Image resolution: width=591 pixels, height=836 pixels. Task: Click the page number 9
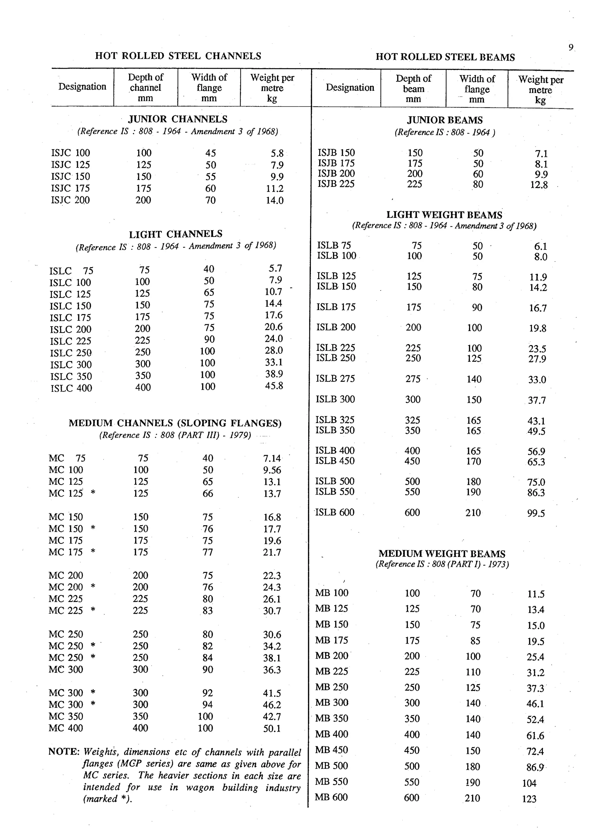571,47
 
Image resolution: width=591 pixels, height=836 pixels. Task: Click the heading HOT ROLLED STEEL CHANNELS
178,56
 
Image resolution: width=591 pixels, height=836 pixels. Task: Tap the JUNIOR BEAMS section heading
445,120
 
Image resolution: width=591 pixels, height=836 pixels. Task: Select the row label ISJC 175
70,188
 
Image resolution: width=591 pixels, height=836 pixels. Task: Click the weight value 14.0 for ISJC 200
274,200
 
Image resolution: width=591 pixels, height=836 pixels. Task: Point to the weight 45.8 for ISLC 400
274,386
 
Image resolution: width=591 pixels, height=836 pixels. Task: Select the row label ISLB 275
335,379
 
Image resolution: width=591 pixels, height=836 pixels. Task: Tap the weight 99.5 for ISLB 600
536,513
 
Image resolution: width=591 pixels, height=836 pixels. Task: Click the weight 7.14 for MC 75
272,458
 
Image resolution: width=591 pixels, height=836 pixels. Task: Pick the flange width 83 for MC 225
207,611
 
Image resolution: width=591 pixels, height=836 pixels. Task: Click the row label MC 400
66,728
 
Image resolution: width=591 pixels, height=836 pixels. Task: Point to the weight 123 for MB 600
529,799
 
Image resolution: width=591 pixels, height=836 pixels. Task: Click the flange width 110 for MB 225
473,672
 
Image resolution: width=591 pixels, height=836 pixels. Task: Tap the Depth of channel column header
145,87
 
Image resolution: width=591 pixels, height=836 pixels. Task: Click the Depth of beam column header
413,89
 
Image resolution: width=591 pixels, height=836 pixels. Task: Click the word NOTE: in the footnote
64,751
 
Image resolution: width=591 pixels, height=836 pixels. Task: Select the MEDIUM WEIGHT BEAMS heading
442,554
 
